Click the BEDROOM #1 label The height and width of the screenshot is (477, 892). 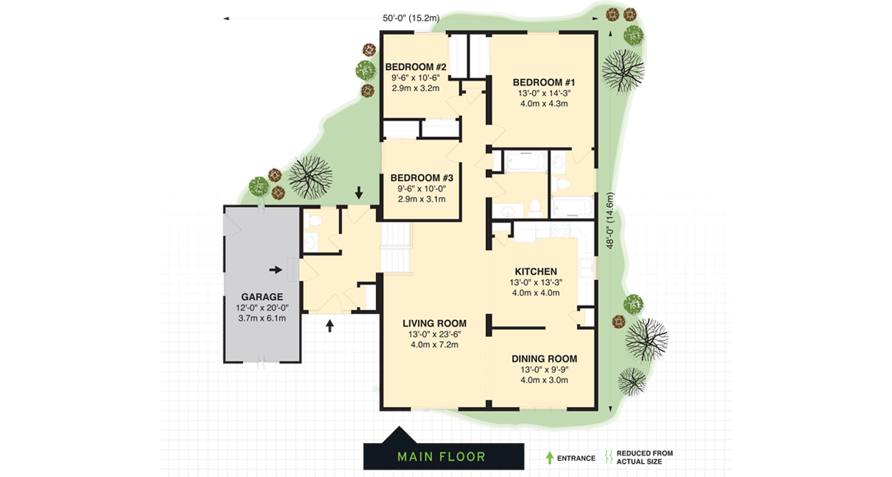pyautogui.click(x=544, y=82)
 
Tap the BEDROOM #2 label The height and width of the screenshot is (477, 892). pyautogui.click(x=416, y=66)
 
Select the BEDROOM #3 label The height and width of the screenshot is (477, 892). pyautogui.click(x=421, y=177)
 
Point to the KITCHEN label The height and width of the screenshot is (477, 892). pyautogui.click(x=535, y=272)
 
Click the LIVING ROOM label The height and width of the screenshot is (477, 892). pyautogui.click(x=434, y=322)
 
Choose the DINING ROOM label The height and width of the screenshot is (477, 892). pyautogui.click(x=544, y=359)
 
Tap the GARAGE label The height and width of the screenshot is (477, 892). pyautogui.click(x=261, y=296)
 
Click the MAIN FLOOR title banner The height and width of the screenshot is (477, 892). pyautogui.click(x=443, y=456)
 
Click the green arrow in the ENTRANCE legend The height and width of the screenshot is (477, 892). pyautogui.click(x=549, y=457)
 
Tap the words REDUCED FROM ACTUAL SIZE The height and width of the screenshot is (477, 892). pyautogui.click(x=644, y=457)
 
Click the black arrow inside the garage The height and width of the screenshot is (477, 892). pyautogui.click(x=275, y=270)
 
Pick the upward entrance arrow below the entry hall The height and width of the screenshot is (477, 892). pyautogui.click(x=331, y=325)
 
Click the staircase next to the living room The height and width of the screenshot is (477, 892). pyautogui.click(x=397, y=248)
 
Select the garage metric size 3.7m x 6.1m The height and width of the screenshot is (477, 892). pyautogui.click(x=261, y=319)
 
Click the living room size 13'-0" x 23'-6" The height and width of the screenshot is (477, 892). pyautogui.click(x=434, y=334)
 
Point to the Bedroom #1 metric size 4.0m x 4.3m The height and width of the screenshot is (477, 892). pyautogui.click(x=544, y=104)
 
